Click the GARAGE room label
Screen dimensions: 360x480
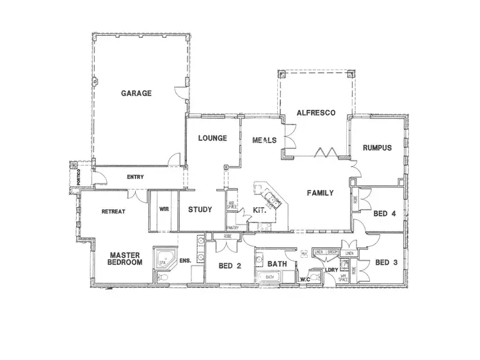[136, 93]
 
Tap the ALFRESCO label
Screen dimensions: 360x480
[316, 113]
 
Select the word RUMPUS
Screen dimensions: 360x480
[377, 148]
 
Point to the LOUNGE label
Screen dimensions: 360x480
[212, 138]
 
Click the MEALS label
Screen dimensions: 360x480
[264, 139]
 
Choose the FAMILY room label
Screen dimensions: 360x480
[319, 193]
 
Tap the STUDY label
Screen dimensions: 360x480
[200, 209]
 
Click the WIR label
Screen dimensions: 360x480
[163, 208]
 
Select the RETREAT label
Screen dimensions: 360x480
[113, 212]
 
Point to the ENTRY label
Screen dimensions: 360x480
[136, 177]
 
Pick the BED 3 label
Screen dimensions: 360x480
[387, 262]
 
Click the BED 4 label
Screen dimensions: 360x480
[384, 214]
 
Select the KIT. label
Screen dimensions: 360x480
[259, 210]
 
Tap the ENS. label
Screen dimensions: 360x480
[186, 261]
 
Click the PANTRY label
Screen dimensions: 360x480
[232, 228]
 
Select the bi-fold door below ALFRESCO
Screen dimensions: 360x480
[328, 152]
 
